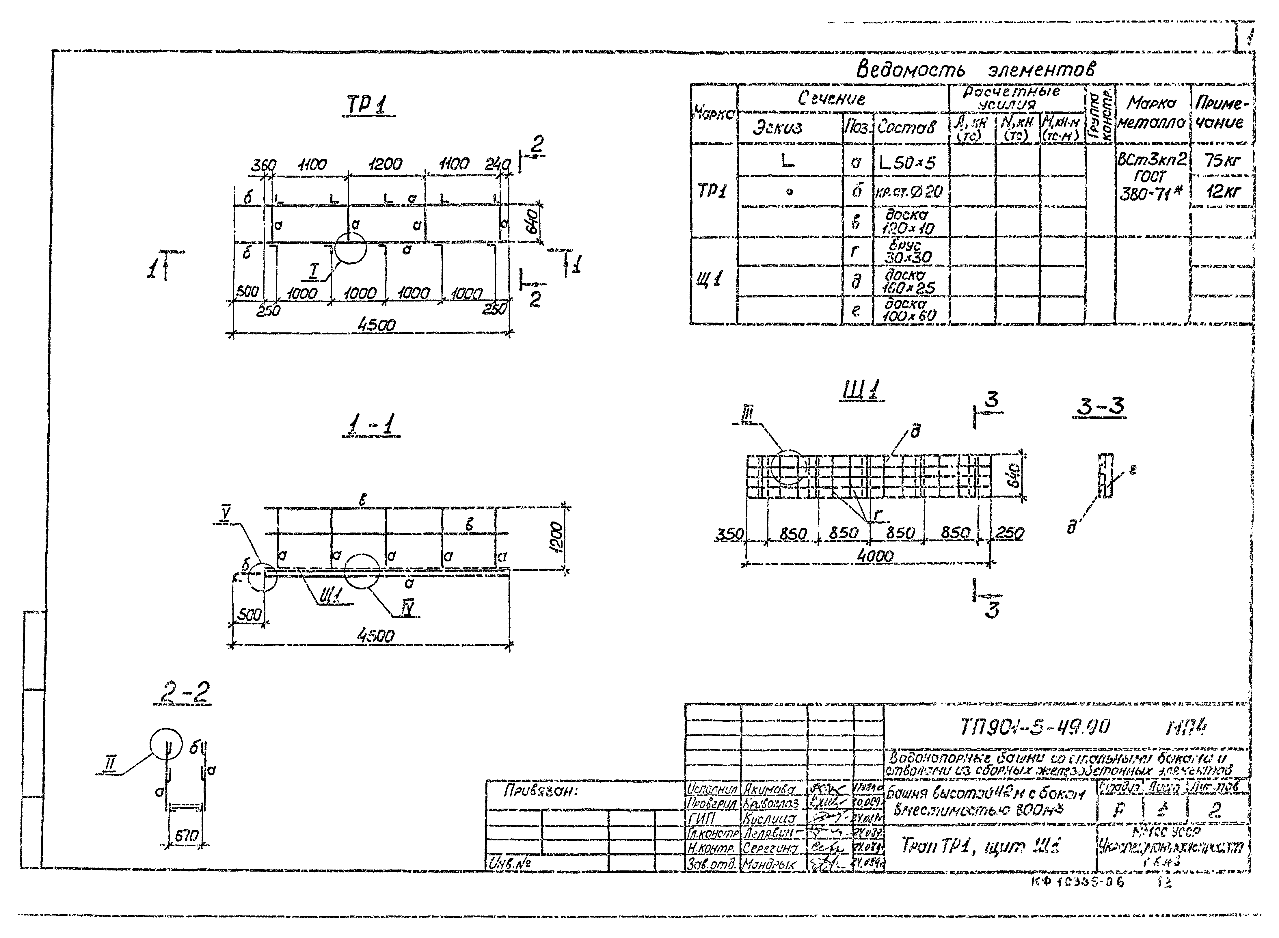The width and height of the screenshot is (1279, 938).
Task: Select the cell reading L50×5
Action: pyautogui.click(x=906, y=163)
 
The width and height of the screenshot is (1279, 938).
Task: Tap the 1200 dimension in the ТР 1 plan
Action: pyautogui.click(x=385, y=165)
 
